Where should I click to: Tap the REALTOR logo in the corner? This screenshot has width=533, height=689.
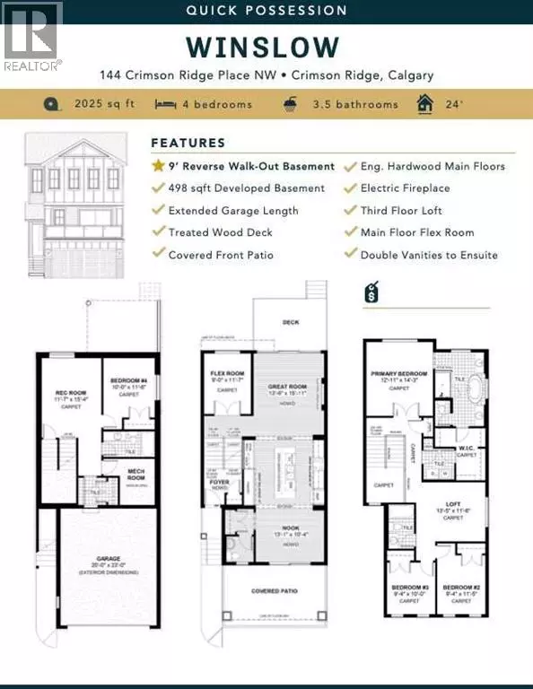(x=31, y=36)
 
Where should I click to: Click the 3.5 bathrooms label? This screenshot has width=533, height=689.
(x=355, y=104)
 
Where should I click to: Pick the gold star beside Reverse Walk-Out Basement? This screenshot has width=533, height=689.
(x=158, y=166)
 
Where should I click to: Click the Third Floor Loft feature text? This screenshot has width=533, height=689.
(x=406, y=211)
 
